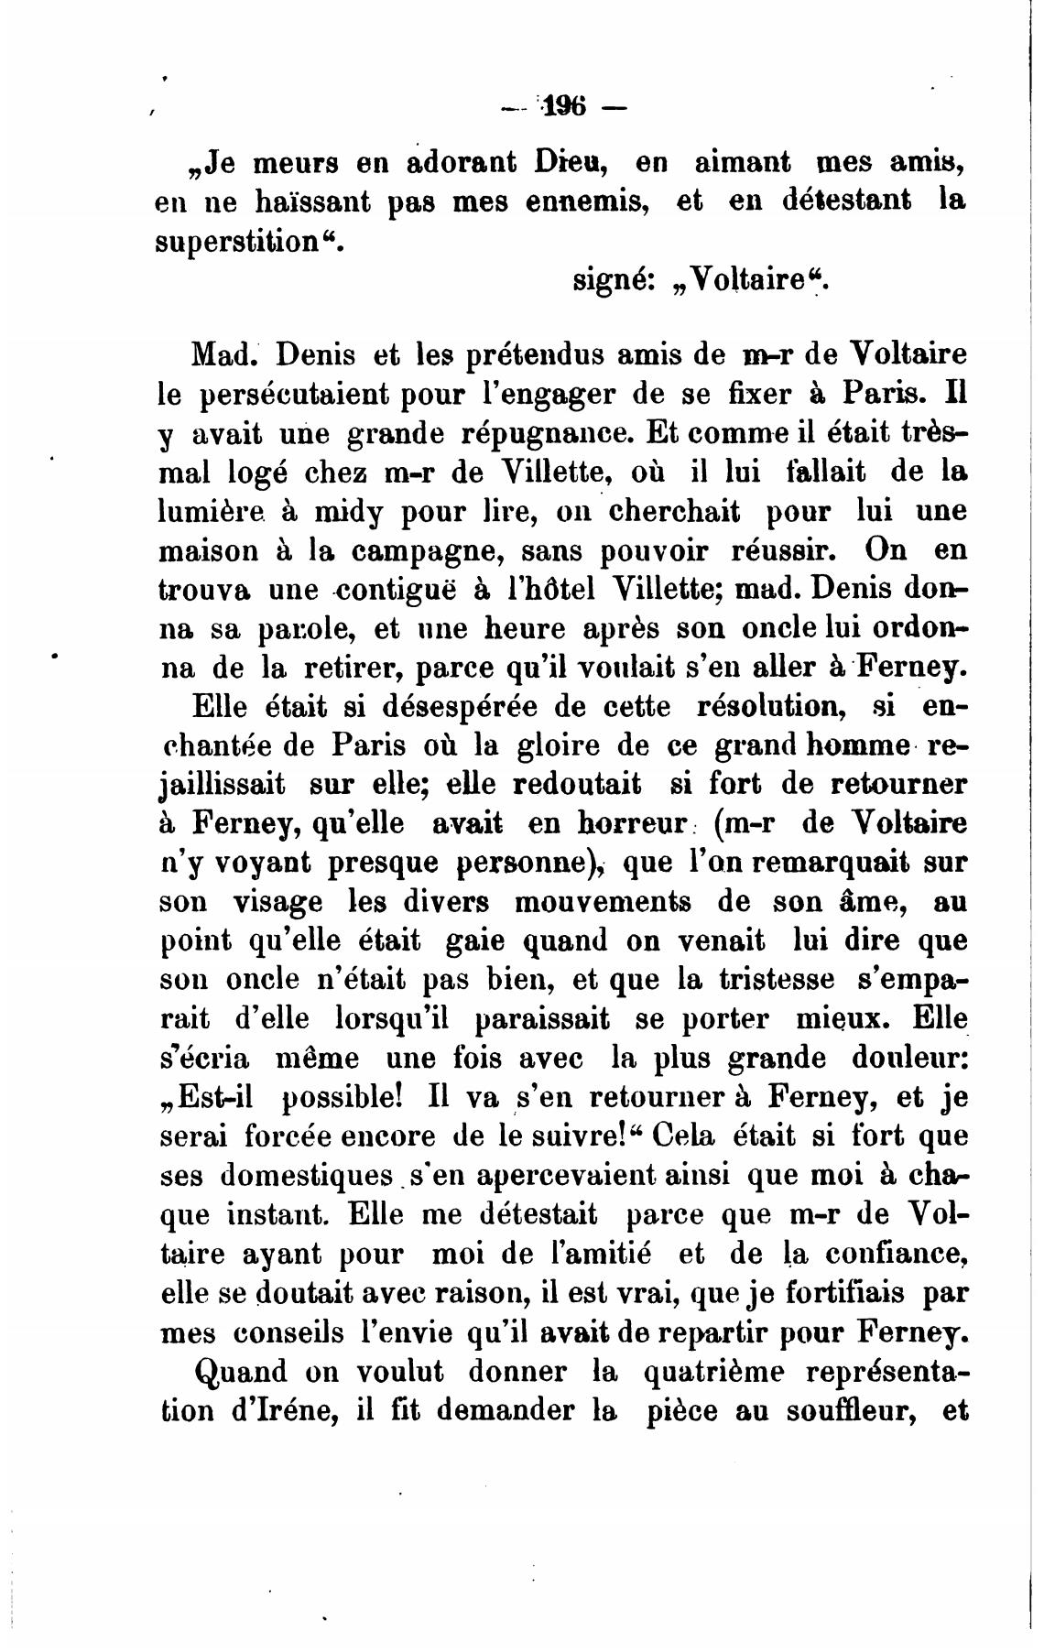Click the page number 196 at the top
tap(564, 107)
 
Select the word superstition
tap(240, 241)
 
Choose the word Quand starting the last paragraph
tap(243, 1372)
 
